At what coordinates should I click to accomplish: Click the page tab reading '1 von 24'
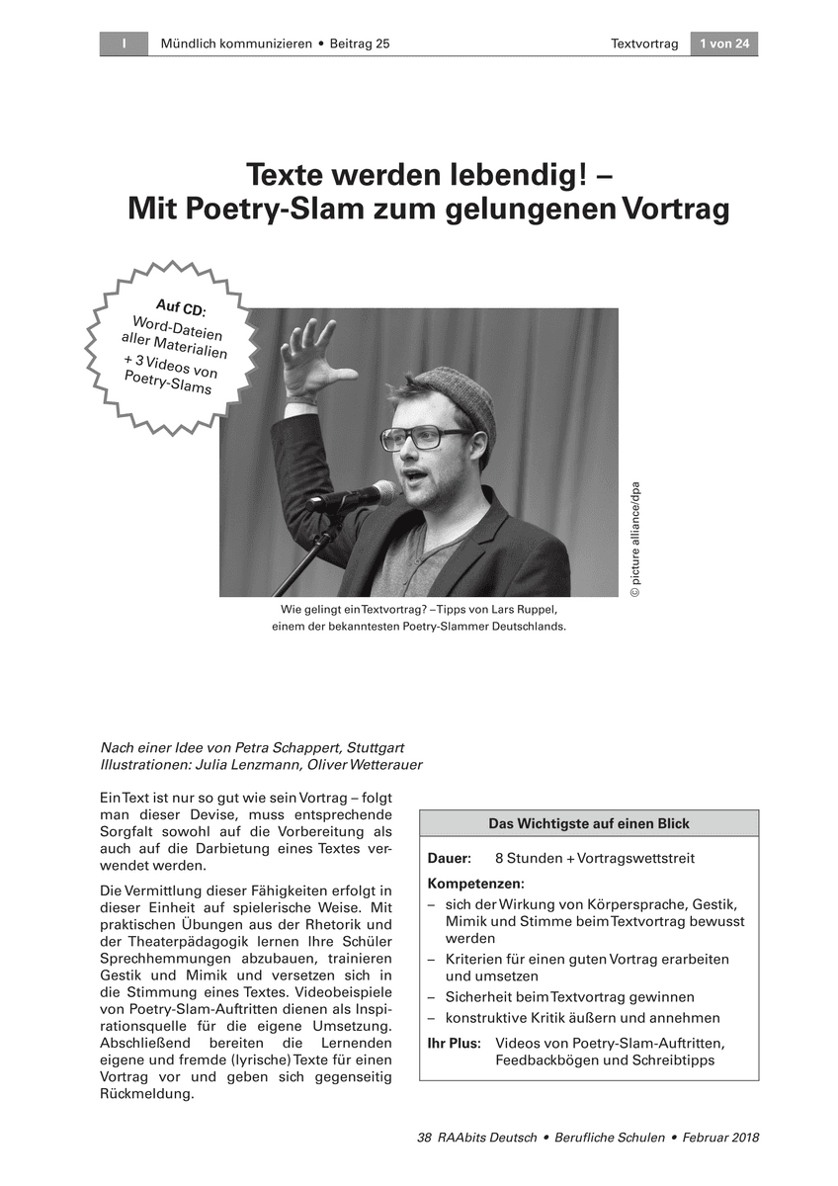pyautogui.click(x=723, y=43)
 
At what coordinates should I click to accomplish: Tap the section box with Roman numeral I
pyautogui.click(x=125, y=43)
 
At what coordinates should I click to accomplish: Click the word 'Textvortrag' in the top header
pyautogui.click(x=644, y=43)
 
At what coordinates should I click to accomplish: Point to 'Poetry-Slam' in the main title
pyautogui.click(x=263, y=210)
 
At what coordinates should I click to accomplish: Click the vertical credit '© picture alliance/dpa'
pyautogui.click(x=635, y=540)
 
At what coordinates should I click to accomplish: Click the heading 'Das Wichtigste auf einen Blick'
pyautogui.click(x=589, y=823)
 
